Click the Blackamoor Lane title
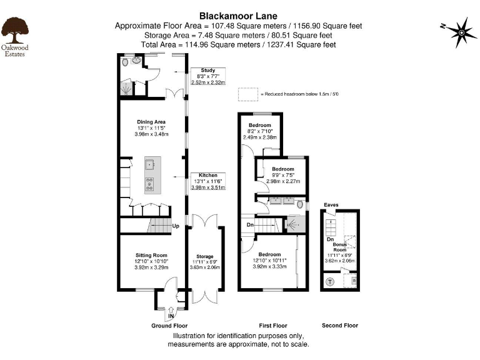[x=238, y=16]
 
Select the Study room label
[x=207, y=71]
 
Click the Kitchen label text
[x=207, y=175]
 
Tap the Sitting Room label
[x=152, y=255]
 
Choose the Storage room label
[x=205, y=257]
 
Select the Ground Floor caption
[x=169, y=326]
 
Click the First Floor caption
[x=272, y=326]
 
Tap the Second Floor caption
[x=340, y=326]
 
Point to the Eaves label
[x=331, y=205]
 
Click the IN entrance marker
[x=171, y=316]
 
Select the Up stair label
[x=176, y=226]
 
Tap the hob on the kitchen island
[x=151, y=184]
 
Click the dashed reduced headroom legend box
[x=247, y=94]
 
